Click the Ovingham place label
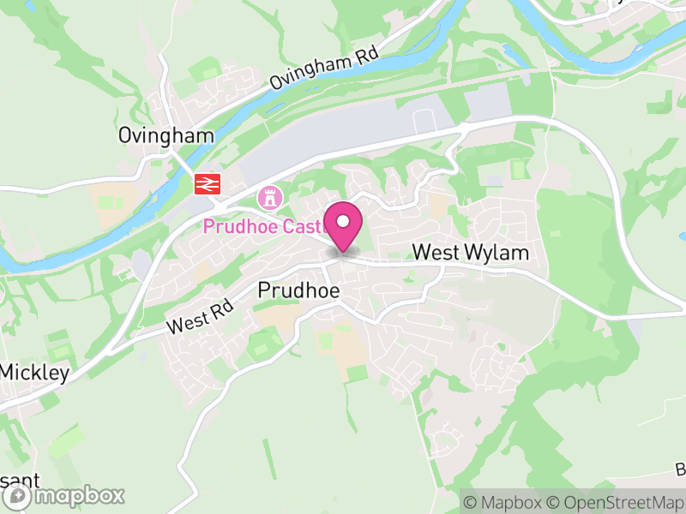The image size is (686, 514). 154,136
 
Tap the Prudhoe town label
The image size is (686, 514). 298,291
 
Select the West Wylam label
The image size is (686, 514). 470,254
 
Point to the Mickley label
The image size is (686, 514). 34,373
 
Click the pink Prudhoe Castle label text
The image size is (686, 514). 262,227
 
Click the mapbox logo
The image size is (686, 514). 64,495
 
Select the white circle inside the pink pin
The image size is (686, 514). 343,221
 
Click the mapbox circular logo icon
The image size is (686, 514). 18,496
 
